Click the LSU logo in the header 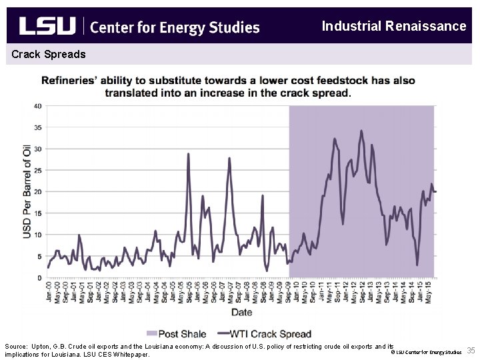coord(47,26)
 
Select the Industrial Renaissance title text coord(393,26)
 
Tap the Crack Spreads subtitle coord(49,53)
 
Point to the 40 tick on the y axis coord(39,106)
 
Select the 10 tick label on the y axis coord(39,235)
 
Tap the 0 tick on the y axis coord(40,277)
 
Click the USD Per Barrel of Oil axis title coord(27,192)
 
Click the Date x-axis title coord(241,311)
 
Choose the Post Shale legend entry coord(183,333)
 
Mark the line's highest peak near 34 coord(361,131)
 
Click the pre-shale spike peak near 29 coord(188,153)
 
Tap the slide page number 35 coord(471,351)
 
